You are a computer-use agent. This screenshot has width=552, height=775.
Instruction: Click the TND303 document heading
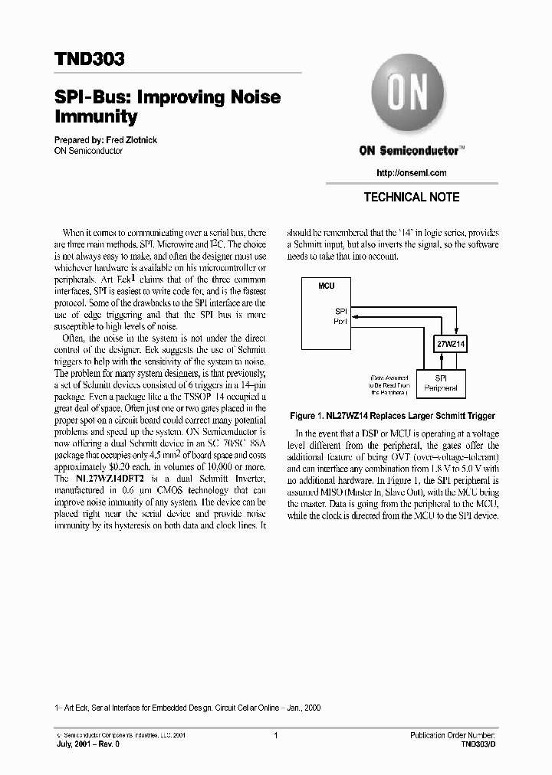[90, 59]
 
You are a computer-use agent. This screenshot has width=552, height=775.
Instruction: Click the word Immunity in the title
[96, 117]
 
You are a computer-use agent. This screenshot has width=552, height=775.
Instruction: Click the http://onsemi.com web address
[412, 173]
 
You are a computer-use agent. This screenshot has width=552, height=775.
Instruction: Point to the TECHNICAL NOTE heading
[411, 197]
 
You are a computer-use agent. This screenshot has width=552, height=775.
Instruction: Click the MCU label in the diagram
[326, 285]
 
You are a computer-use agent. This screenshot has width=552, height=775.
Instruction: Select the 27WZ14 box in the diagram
[450, 344]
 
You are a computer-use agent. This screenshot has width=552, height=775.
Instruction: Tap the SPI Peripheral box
[440, 383]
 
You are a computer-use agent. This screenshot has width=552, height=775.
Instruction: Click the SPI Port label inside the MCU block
[340, 316]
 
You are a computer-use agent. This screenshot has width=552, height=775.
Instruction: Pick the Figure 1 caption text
[392, 416]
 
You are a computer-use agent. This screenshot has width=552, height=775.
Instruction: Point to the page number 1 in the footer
[275, 735]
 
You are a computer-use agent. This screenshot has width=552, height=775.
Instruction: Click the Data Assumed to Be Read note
[390, 384]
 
